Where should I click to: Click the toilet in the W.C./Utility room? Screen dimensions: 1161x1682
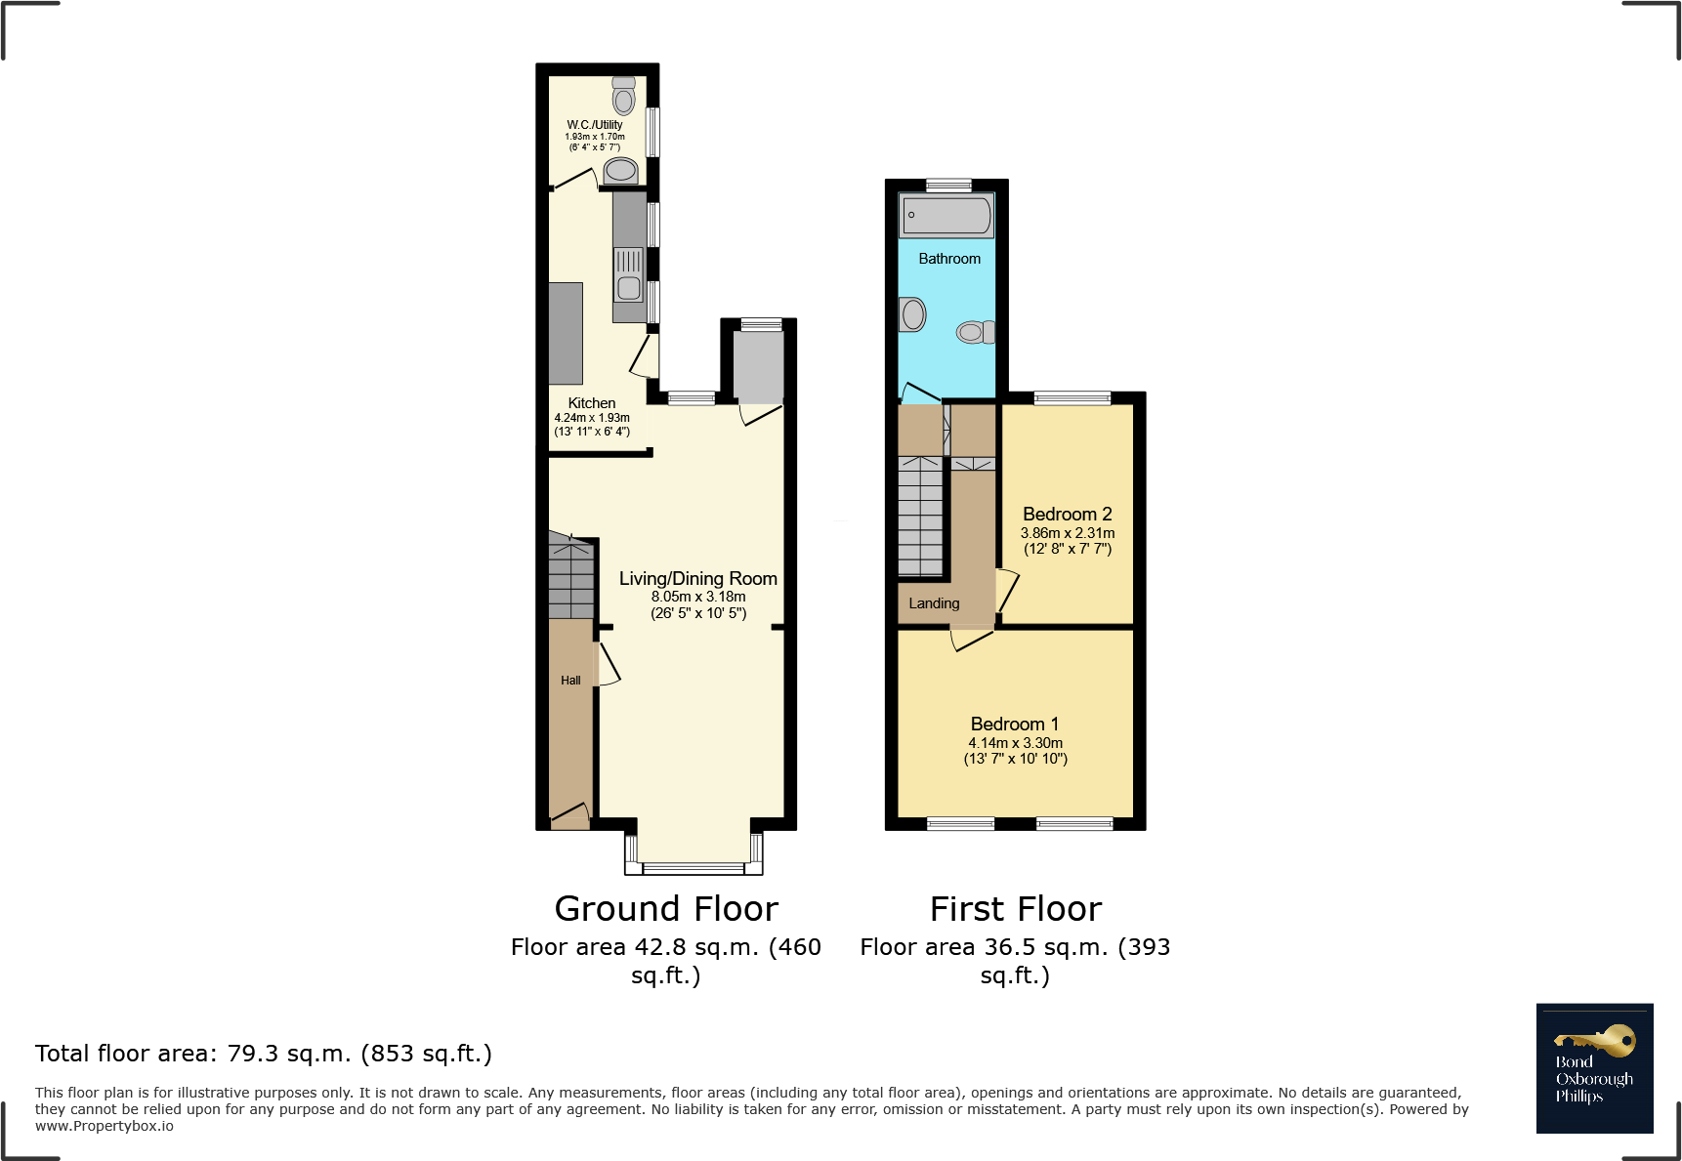623,97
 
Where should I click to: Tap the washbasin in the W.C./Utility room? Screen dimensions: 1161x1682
620,171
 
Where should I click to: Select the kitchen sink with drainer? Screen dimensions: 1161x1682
629,274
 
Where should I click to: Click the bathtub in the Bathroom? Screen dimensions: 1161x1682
946,215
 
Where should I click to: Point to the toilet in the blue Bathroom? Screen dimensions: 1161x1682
974,332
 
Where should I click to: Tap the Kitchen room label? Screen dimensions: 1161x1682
592,403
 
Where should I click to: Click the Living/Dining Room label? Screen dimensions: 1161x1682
697,578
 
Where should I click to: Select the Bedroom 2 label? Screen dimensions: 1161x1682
1067,514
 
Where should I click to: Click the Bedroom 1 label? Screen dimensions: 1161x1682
1014,724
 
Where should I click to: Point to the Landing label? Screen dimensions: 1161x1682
934,603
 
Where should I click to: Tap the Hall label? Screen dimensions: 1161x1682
570,681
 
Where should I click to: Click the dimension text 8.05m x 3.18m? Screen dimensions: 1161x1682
698,597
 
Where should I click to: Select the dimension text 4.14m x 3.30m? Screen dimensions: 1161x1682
1015,743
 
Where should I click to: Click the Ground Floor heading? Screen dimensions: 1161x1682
666,909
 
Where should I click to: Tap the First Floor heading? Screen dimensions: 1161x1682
1016,909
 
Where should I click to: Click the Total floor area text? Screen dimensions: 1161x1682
264,1054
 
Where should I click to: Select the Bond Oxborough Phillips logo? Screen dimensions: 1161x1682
1594,1068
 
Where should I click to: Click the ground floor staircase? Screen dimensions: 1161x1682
570,578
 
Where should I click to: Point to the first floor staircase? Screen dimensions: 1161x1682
920,516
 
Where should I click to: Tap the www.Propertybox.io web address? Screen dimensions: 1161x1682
105,1126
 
